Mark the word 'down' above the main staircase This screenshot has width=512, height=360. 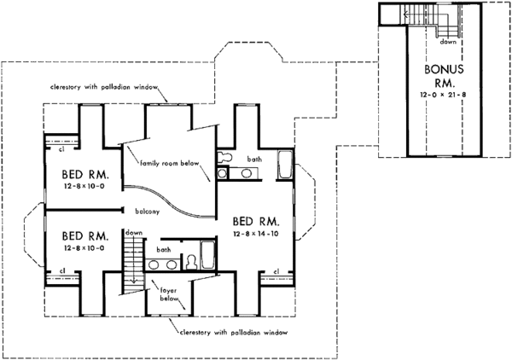click(132, 232)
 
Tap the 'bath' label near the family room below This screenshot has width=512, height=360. click(253, 159)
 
